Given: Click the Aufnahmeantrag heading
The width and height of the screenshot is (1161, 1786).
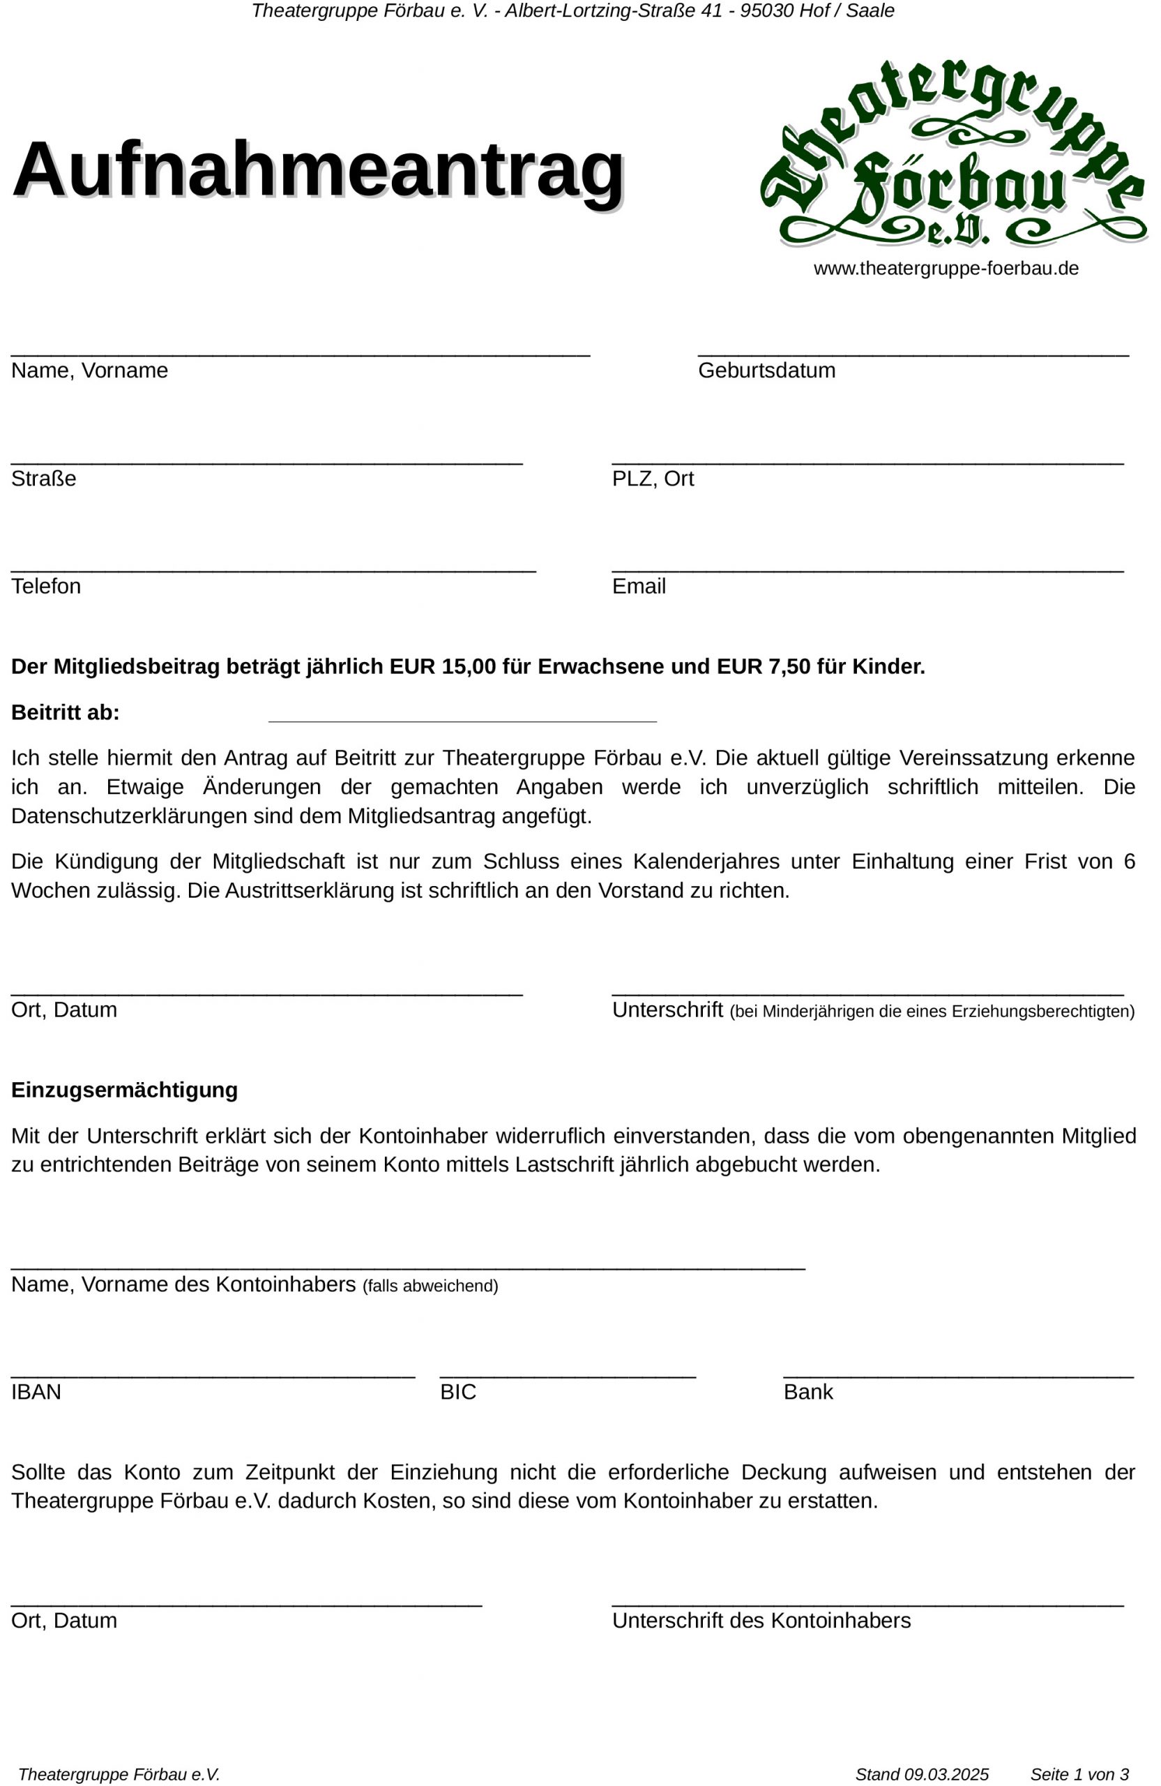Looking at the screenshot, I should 318,170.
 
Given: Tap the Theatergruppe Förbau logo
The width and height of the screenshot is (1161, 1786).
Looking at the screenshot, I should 953,154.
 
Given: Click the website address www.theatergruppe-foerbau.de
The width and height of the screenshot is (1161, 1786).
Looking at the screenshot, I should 946,269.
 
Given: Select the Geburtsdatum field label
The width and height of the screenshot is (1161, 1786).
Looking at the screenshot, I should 766,370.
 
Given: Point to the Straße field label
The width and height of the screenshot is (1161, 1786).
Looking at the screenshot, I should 43,479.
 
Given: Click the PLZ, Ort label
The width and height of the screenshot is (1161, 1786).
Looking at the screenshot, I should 653,479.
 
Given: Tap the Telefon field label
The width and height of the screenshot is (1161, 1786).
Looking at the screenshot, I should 46,586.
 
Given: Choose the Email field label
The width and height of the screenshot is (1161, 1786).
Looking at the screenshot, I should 638,586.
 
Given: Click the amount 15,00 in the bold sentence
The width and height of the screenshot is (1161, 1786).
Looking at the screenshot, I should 469,666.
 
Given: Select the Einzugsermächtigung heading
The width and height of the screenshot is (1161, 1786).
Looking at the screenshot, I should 125,1090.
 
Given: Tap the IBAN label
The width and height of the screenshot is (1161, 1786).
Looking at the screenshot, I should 36,1392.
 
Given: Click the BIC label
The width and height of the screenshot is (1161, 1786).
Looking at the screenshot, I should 457,1392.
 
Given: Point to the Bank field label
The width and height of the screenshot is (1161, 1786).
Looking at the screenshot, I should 807,1392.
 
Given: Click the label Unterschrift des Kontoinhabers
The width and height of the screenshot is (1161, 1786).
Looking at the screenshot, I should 761,1620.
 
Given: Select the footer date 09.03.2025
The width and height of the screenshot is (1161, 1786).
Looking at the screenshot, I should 946,1774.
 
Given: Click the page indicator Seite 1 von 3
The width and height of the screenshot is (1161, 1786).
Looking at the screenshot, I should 1079,1774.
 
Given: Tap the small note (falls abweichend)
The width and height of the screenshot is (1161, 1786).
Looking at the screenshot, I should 430,1286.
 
